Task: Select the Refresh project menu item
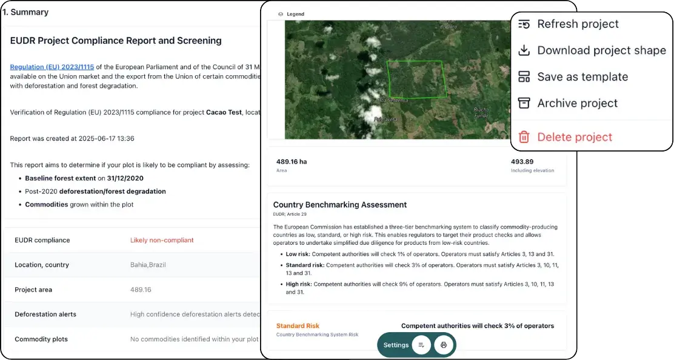[578, 24]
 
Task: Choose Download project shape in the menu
[601, 50]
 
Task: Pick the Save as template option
[582, 77]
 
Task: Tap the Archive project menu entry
[577, 103]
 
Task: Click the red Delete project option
[575, 137]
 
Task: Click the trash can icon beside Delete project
[524, 137]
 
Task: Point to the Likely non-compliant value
[162, 240]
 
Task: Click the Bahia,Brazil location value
[148, 265]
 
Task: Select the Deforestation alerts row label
[45, 314]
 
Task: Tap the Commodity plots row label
[41, 339]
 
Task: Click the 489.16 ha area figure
[292, 162]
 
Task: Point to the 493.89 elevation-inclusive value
[522, 162]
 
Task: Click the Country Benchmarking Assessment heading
[340, 205]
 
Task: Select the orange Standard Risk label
[298, 326]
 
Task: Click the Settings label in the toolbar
[396, 345]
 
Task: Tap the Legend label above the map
[295, 14]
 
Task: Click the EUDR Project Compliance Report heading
[116, 41]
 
